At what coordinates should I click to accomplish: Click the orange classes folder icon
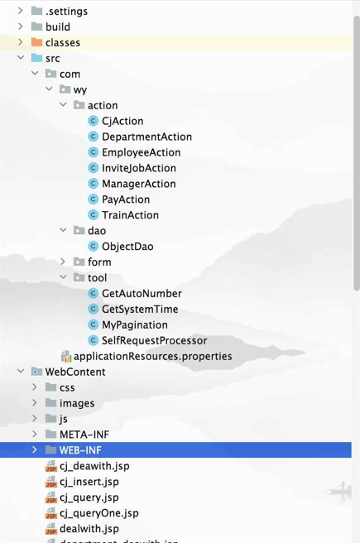click(x=36, y=42)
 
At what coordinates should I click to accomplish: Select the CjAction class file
click(x=122, y=121)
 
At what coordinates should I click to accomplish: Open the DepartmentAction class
click(x=146, y=137)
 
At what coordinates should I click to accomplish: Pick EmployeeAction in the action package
click(x=142, y=152)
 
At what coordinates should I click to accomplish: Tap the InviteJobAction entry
click(x=139, y=168)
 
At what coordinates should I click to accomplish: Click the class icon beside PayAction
click(x=93, y=199)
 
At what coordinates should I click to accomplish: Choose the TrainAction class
click(x=130, y=215)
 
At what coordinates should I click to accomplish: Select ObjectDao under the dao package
click(x=127, y=246)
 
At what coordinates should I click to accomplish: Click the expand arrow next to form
click(x=63, y=262)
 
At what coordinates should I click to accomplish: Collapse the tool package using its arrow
click(x=63, y=277)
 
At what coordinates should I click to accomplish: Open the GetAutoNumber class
click(x=142, y=293)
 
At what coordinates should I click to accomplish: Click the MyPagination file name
click(x=135, y=324)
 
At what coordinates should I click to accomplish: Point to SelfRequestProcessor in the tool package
click(x=155, y=340)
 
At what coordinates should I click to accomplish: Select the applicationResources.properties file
click(x=152, y=356)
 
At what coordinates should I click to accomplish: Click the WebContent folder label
click(x=75, y=372)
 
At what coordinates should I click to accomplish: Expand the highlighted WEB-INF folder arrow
click(x=34, y=449)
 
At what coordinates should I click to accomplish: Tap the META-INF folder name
click(x=84, y=435)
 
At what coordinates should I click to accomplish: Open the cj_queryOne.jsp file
click(x=99, y=513)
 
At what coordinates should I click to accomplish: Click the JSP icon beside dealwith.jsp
click(x=50, y=529)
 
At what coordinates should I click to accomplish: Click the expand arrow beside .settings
click(x=21, y=11)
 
